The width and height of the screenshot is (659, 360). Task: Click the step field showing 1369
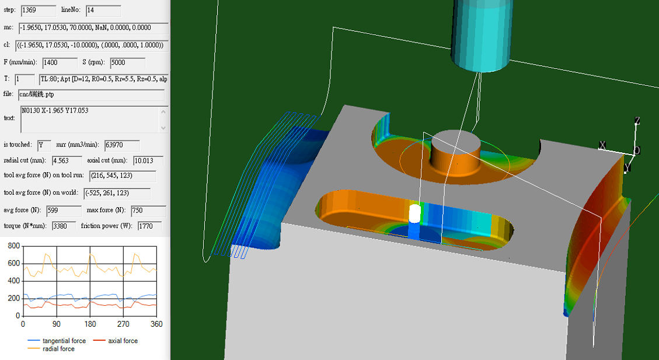38,11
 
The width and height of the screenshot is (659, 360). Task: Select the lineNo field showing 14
103,11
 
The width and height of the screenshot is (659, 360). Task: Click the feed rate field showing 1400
60,62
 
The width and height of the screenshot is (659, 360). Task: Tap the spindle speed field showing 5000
127,62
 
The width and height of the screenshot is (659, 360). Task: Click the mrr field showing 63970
121,145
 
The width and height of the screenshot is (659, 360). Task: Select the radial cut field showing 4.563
66,160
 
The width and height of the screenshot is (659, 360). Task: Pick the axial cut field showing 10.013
148,160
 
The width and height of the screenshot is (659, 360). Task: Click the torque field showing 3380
64,226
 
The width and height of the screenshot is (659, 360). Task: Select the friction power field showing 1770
149,226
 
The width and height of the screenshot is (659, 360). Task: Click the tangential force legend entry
64,341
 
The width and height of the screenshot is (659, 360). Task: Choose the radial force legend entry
58,349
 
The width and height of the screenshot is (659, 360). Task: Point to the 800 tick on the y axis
12,246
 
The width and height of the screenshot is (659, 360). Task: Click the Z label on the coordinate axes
637,121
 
